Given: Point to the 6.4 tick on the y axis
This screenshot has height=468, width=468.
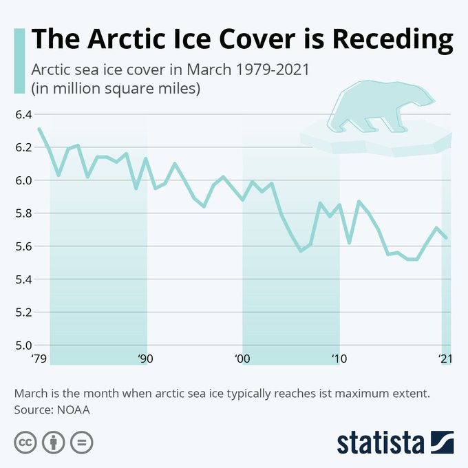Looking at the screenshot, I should [23, 114].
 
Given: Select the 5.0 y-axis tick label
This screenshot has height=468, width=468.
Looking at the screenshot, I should [23, 345].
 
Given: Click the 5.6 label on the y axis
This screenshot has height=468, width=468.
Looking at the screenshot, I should [23, 246].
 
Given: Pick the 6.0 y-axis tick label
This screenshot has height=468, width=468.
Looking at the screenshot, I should [23, 180].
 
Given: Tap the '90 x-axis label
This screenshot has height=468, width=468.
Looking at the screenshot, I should [145, 359].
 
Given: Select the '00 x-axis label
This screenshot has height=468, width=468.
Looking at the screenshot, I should [242, 359].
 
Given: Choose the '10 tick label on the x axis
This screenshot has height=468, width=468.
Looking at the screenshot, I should [338, 359].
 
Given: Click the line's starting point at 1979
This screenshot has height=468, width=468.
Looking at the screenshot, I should [39, 129].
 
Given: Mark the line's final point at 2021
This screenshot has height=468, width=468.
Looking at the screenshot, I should [447, 238].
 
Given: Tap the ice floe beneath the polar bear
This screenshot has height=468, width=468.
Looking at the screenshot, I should [372, 142].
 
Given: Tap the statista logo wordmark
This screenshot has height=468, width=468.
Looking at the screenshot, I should [380, 442].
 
